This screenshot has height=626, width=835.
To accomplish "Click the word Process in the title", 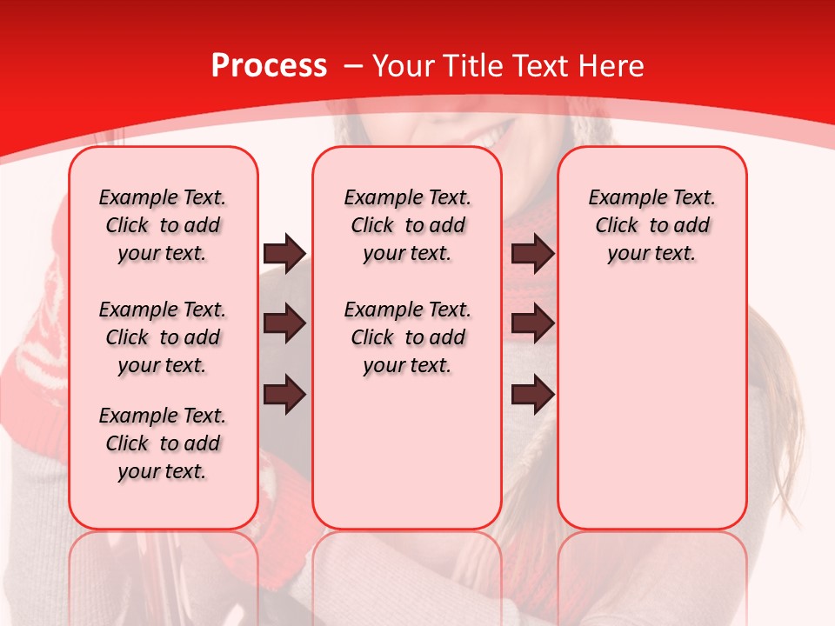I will tap(269, 66).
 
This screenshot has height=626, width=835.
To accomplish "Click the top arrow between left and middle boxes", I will tap(284, 253).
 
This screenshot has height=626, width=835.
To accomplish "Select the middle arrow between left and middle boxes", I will tap(284, 324).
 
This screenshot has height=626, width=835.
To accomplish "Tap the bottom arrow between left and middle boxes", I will tap(284, 396).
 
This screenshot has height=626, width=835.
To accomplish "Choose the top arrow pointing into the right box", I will tap(533, 253).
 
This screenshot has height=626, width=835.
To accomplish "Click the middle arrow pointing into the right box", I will tap(533, 324).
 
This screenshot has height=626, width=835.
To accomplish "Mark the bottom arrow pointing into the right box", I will tap(533, 396).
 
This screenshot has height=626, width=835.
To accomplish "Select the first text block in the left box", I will tap(163, 225).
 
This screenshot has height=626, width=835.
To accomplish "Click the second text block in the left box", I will tap(163, 337).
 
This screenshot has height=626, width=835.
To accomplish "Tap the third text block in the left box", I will tap(163, 443).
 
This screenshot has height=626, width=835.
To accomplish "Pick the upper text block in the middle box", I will tap(407, 225).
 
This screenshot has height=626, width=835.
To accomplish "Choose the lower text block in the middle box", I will tap(407, 337).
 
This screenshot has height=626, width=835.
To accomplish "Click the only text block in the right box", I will tap(651, 225).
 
